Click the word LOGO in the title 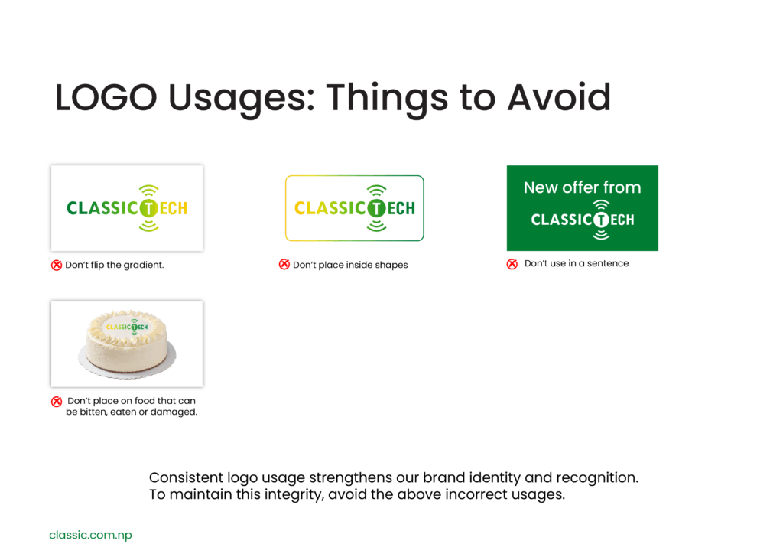pyautogui.click(x=106, y=97)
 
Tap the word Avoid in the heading pyautogui.click(x=559, y=97)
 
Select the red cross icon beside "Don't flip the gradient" pyautogui.click(x=57, y=265)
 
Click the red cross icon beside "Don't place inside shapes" pyautogui.click(x=284, y=264)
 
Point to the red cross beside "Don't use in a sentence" pyautogui.click(x=512, y=264)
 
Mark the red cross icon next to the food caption pyautogui.click(x=57, y=401)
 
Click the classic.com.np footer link pyautogui.click(x=90, y=535)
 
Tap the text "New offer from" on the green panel pyautogui.click(x=582, y=187)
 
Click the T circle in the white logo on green pyautogui.click(x=601, y=220)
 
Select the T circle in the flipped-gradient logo pyautogui.click(x=149, y=208)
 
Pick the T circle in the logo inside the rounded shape pyautogui.click(x=376, y=208)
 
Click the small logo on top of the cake pyautogui.click(x=127, y=327)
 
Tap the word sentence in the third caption pyautogui.click(x=608, y=263)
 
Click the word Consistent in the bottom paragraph pyautogui.click(x=187, y=477)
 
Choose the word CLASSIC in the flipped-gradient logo pyautogui.click(x=102, y=208)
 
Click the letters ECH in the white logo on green pyautogui.click(x=622, y=220)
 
